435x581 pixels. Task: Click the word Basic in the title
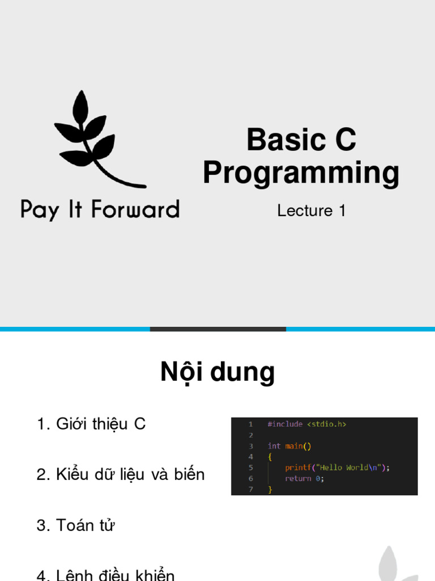[x=282, y=140]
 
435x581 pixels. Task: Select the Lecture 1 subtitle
[x=311, y=210]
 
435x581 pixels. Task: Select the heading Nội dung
[x=217, y=372]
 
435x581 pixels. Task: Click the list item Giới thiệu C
[x=91, y=424]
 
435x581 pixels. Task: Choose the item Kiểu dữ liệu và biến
[x=121, y=474]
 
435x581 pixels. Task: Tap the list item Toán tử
[x=76, y=525]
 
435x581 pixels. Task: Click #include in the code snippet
[x=285, y=424]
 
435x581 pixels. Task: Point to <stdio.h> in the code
[x=327, y=424]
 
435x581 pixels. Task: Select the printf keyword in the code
[x=297, y=468]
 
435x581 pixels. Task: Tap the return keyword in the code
[x=298, y=478]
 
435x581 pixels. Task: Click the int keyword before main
[x=274, y=446]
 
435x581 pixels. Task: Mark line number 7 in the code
[x=250, y=489]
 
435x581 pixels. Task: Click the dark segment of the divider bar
[x=218, y=329]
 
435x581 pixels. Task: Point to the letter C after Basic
[x=345, y=140]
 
